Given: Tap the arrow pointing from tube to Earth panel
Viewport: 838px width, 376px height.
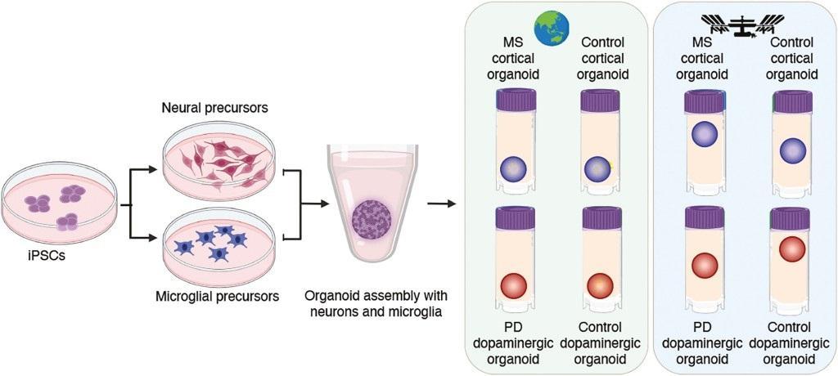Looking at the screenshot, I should [444, 202].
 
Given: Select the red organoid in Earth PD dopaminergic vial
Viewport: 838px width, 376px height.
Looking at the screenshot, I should [516, 287].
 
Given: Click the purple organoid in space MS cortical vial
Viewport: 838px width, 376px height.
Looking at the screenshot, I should [704, 134].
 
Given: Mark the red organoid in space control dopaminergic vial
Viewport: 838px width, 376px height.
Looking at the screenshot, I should [793, 249].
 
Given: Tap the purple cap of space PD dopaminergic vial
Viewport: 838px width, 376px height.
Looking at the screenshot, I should [704, 218].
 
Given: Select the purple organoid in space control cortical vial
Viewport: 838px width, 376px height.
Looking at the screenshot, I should [793, 151].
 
